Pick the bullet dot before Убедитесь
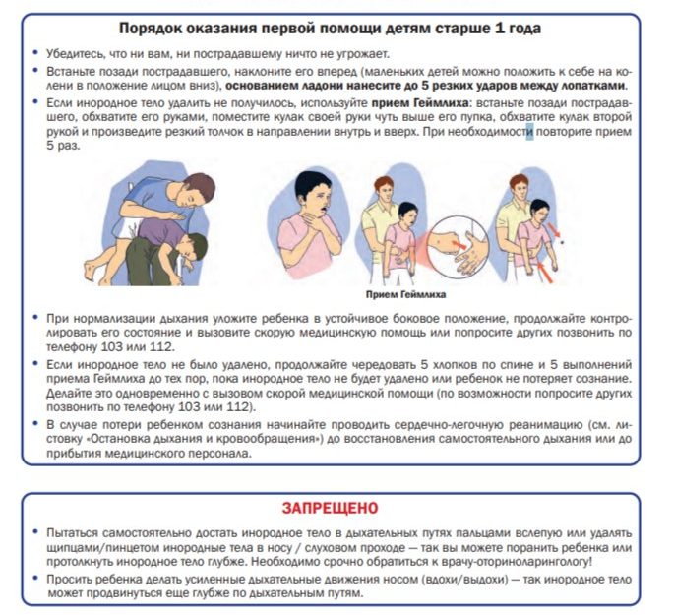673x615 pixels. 36,53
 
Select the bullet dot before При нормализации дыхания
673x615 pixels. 36,320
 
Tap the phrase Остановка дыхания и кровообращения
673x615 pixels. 191,439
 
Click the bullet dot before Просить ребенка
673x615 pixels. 36,581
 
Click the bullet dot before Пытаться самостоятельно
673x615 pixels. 36,532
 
